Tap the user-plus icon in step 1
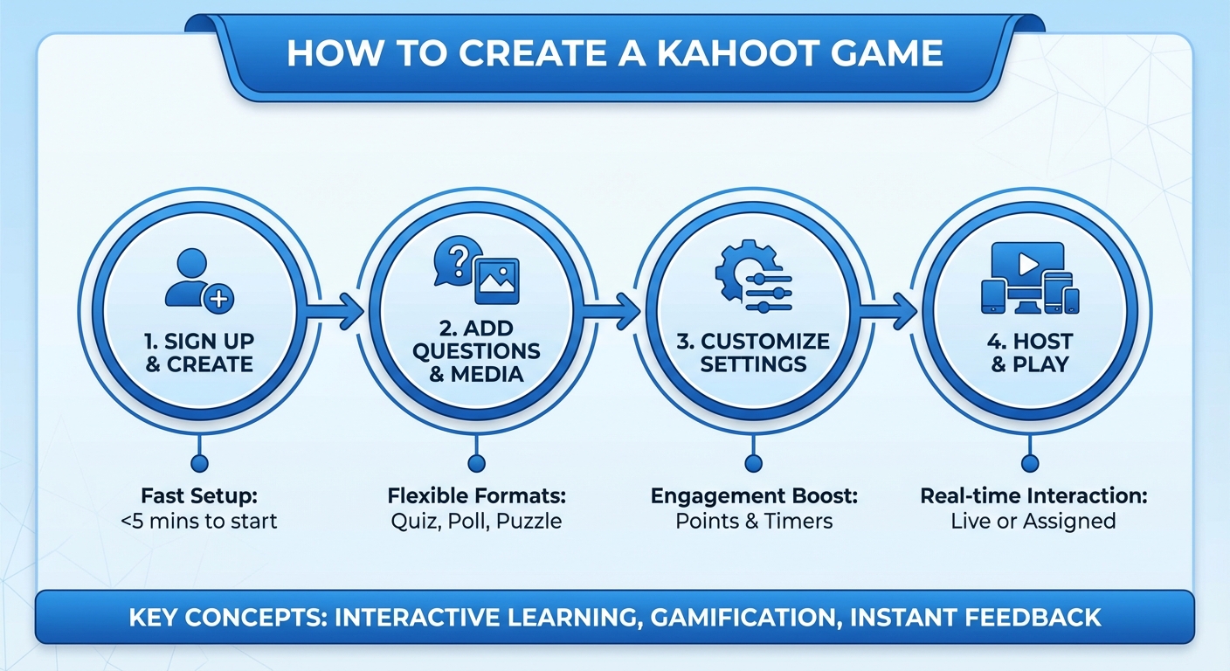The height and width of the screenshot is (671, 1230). click(x=199, y=280)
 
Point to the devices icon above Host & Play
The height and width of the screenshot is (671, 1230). click(x=1030, y=279)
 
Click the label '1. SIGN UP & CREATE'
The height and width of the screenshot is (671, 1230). click(x=199, y=352)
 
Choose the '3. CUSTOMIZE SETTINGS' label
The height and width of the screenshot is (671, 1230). click(x=753, y=351)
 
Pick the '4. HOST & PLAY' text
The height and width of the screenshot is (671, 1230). click(x=1031, y=351)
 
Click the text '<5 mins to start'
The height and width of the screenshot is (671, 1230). click(x=200, y=522)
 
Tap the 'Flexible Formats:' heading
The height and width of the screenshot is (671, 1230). click(x=476, y=496)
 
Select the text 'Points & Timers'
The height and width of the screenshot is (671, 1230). click(x=754, y=522)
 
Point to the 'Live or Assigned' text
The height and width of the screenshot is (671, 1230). click(x=1033, y=522)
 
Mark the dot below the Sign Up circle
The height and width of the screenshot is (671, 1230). click(x=200, y=463)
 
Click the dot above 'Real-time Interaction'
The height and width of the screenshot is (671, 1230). click(x=1031, y=463)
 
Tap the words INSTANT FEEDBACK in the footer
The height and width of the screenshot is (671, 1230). click(x=975, y=618)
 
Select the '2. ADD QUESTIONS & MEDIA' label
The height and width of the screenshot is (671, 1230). click(x=476, y=351)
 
